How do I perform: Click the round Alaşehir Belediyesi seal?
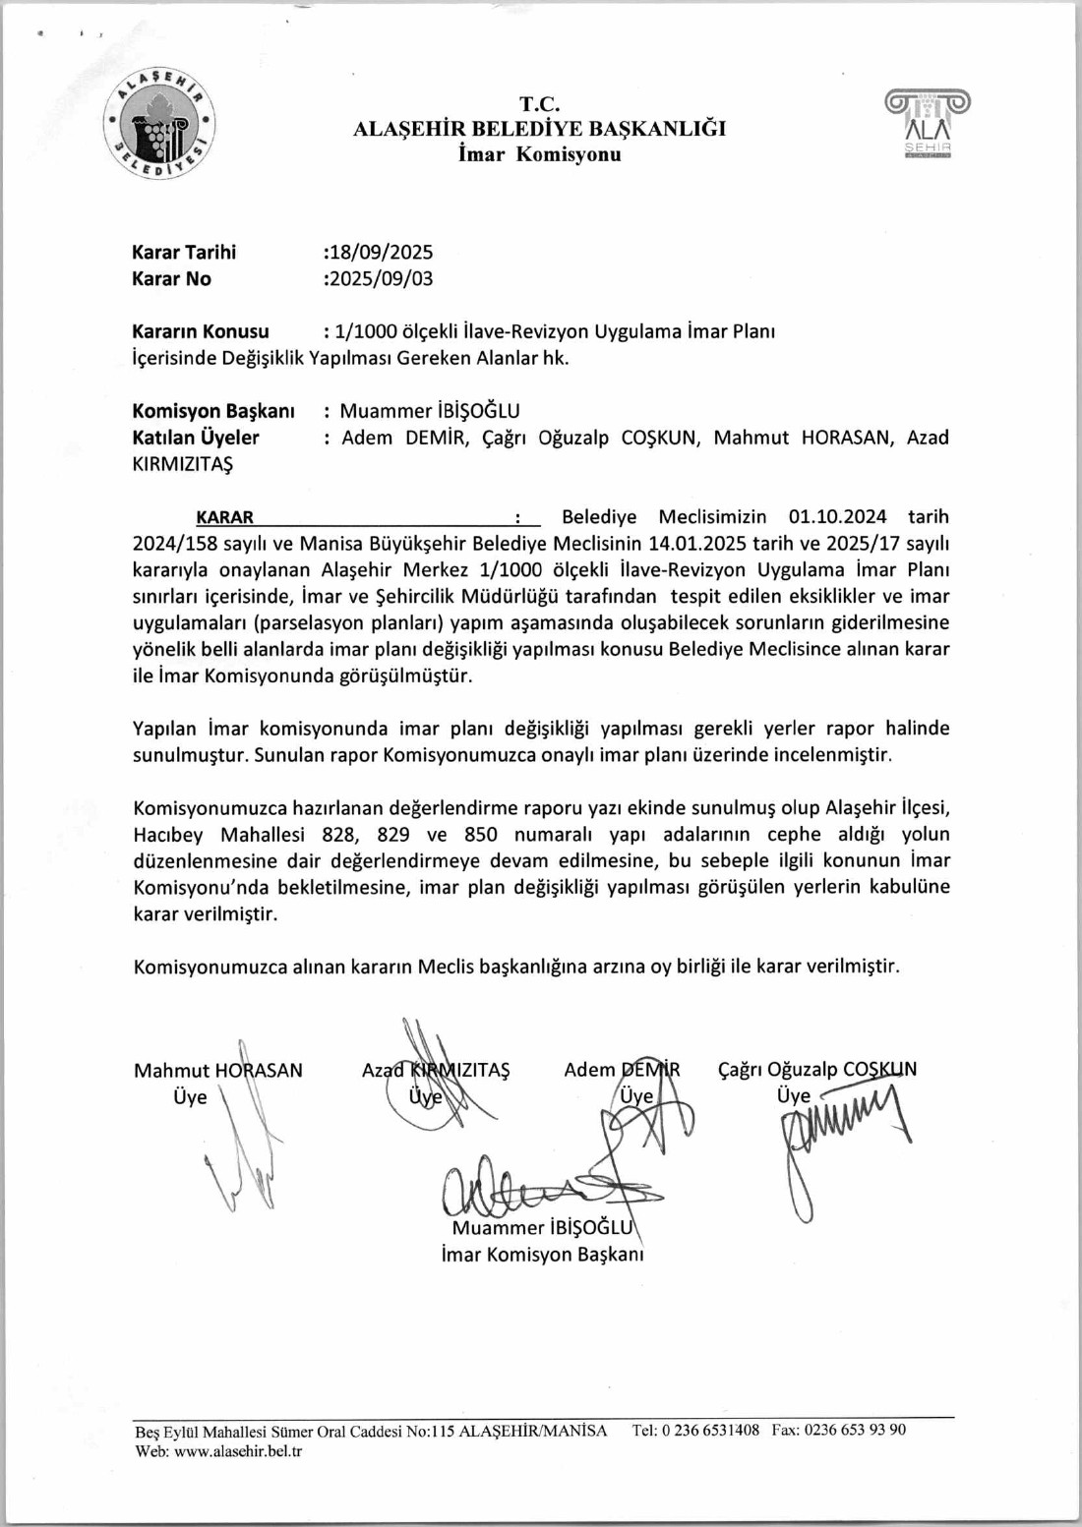(160, 125)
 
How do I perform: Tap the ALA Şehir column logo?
(928, 123)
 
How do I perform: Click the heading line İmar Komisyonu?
(539, 154)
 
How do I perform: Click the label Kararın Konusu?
(201, 331)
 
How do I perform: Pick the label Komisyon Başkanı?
(213, 411)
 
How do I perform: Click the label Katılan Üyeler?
(196, 438)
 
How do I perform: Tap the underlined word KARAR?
(224, 517)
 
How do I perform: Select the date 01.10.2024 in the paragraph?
(837, 517)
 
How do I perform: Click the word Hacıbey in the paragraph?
(168, 835)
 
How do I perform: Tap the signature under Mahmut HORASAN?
(246, 1150)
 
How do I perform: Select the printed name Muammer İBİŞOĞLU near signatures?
(540, 1228)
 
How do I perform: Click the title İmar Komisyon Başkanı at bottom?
(542, 1255)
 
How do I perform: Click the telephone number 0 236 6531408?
(710, 1431)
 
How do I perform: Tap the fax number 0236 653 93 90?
(855, 1431)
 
